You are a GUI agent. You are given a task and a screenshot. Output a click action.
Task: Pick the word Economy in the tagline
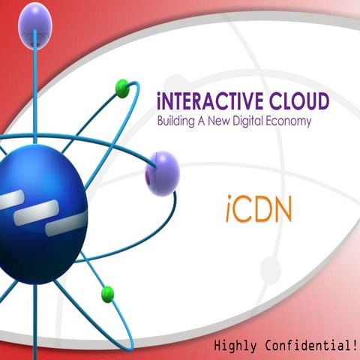point(292,120)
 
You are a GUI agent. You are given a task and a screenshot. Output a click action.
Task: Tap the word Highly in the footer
point(235,346)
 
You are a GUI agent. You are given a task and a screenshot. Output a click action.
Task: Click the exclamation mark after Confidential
point(352,345)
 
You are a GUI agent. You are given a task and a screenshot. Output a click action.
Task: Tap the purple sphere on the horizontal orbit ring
point(162,172)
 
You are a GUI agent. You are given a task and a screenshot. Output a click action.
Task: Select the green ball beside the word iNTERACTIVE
point(123,88)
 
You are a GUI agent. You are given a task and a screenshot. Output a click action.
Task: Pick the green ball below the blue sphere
point(107,292)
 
